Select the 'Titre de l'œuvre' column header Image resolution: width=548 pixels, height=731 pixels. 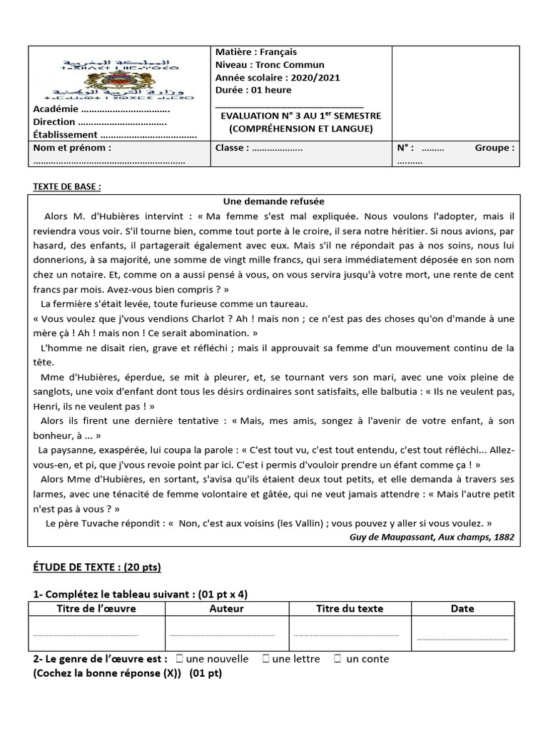tap(96, 609)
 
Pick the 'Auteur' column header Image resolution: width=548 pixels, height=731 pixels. tap(226, 609)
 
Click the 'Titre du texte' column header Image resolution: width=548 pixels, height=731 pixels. tap(350, 609)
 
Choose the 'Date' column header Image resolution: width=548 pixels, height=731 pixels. tap(462, 609)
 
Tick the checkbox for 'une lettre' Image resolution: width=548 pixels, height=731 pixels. tap(265, 659)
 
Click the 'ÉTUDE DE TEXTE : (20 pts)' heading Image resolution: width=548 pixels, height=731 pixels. tap(97, 568)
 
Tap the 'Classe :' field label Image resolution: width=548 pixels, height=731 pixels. tap(233, 148)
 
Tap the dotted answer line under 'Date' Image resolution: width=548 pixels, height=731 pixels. tap(462, 638)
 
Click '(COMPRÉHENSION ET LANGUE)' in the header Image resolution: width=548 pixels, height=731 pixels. tap(300, 128)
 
